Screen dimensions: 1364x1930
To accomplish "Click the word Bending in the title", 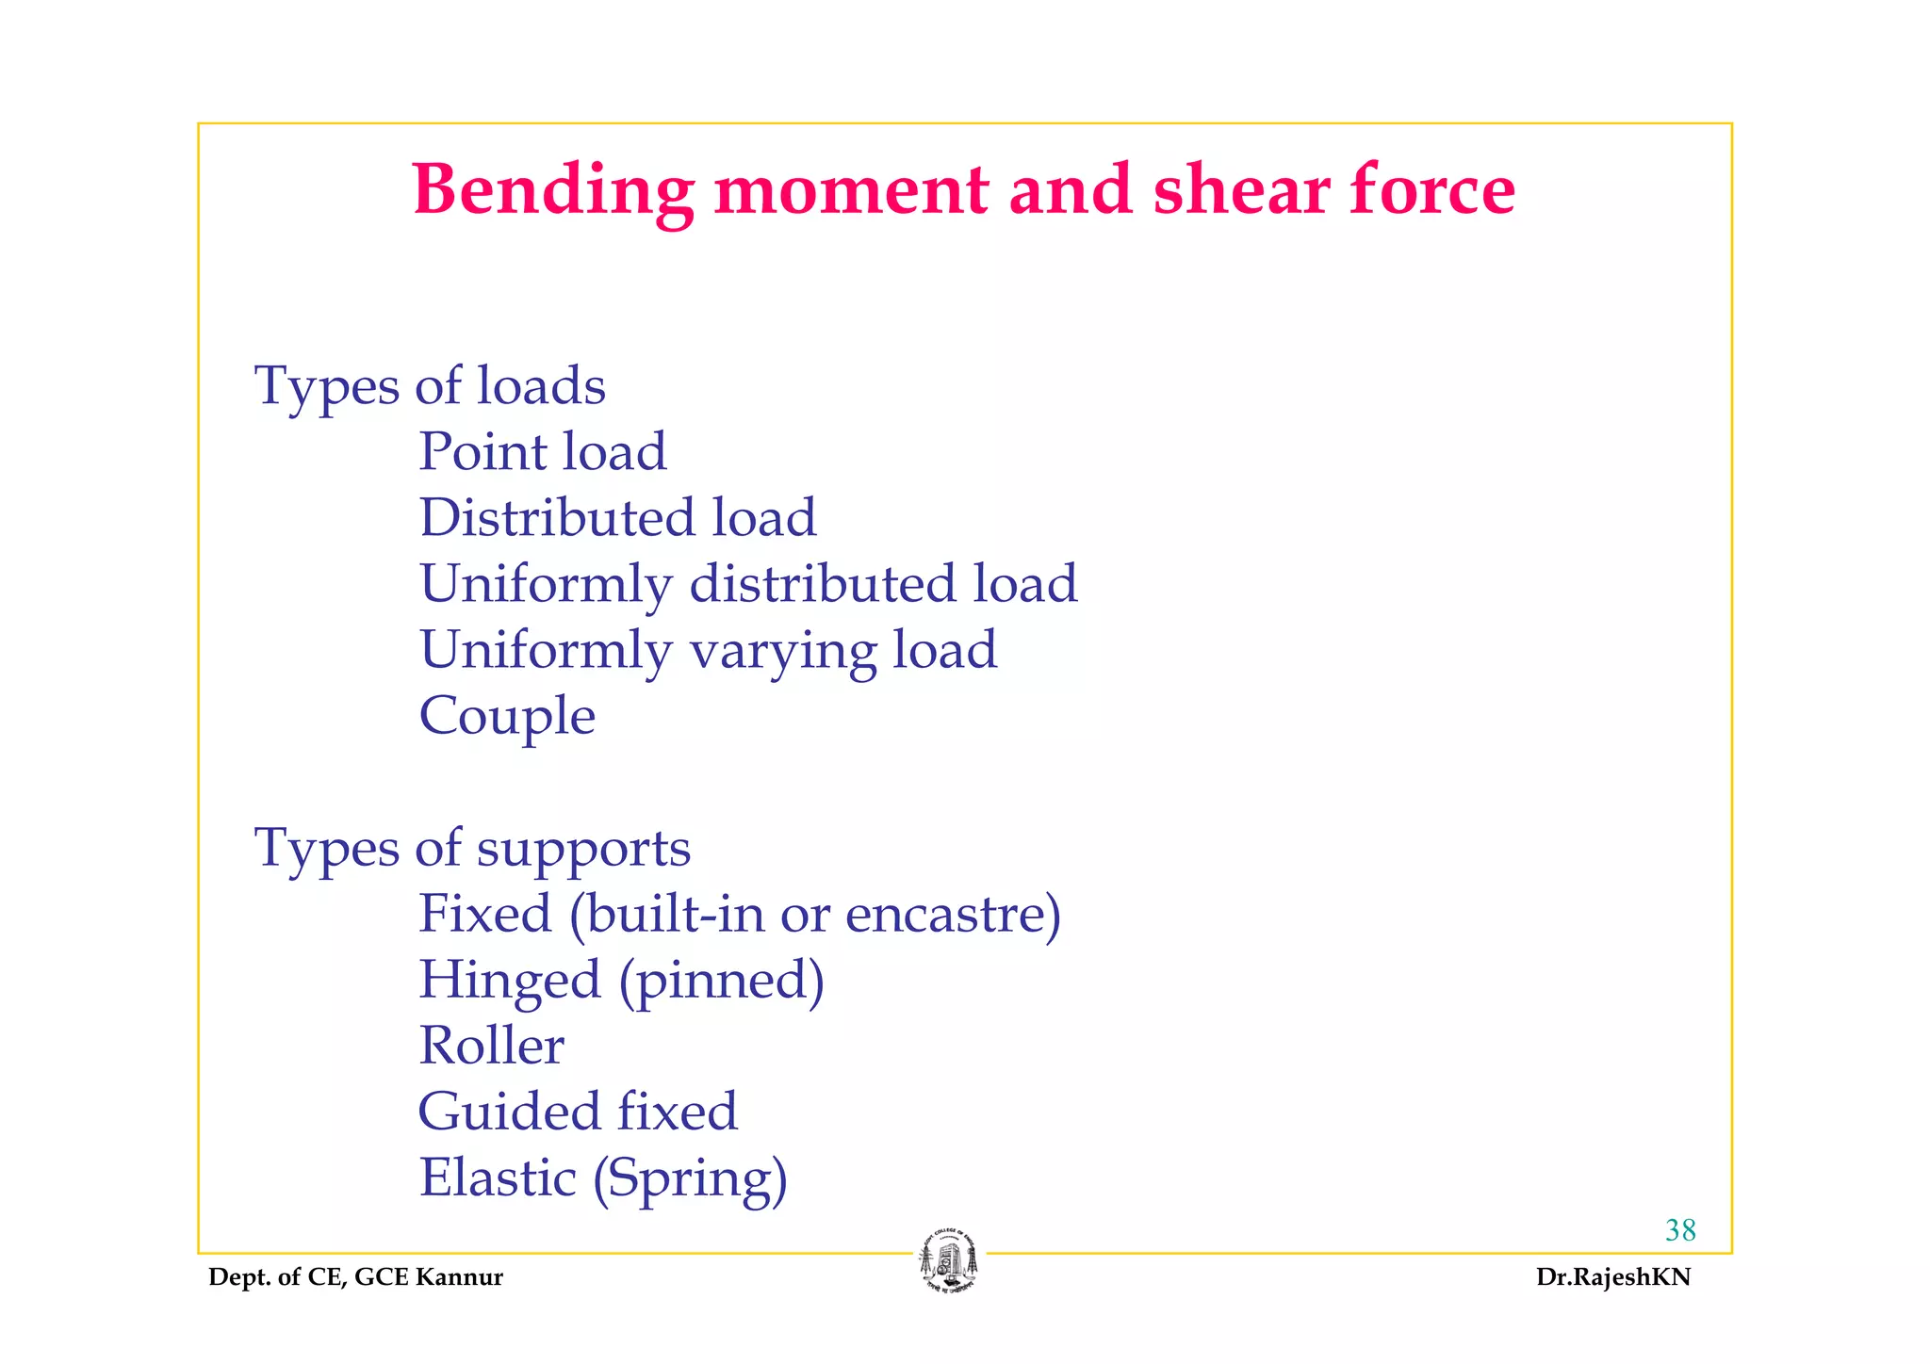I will (x=553, y=191).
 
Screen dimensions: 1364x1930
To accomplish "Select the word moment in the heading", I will (x=851, y=191).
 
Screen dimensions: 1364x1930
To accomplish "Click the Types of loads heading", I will (x=430, y=386).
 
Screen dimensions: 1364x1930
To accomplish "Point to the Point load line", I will (x=543, y=452).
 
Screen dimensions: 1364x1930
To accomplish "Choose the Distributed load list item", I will (x=617, y=518).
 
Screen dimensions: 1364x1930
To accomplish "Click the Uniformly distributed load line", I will (x=748, y=584).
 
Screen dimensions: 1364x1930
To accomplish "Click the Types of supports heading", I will (x=472, y=849).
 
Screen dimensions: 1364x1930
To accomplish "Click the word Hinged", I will (x=510, y=982).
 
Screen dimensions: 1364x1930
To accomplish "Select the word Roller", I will (x=491, y=1047).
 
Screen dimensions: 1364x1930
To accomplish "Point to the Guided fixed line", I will (x=578, y=1112).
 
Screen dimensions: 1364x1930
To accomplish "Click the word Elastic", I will (x=498, y=1178).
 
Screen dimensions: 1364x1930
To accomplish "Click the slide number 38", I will (x=1680, y=1230).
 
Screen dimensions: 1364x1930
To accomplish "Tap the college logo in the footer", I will (x=949, y=1260).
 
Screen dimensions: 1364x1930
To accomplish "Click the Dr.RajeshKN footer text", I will (x=1613, y=1277).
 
